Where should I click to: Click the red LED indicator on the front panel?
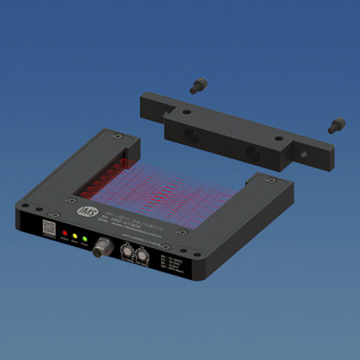point(64,237)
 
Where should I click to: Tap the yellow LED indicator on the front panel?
point(74,239)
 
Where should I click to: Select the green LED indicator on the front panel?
point(84,240)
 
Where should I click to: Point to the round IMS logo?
point(86,211)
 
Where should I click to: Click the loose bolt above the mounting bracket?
point(196,86)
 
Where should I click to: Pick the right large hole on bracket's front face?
point(252,152)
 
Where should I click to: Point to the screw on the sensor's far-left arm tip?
point(113,135)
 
